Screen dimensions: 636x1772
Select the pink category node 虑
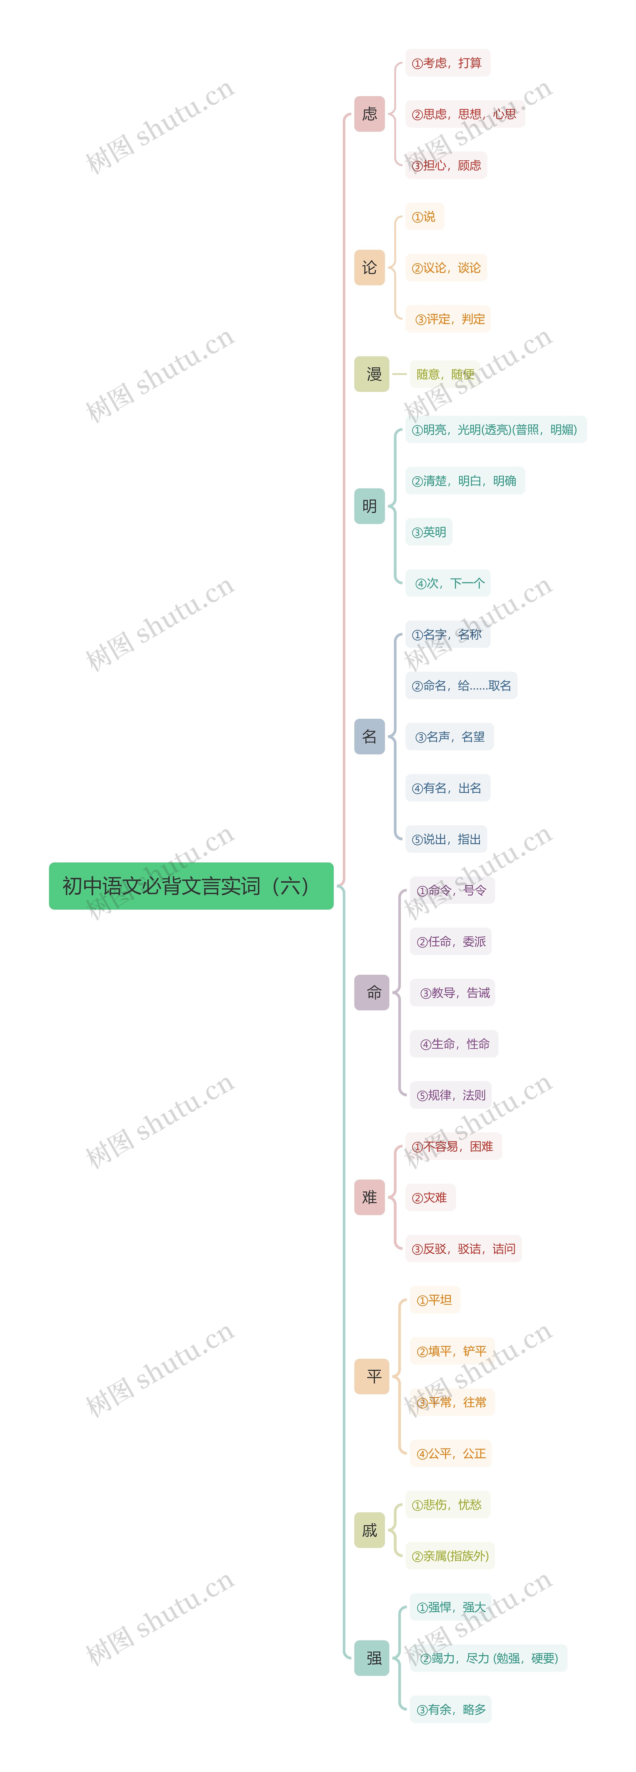point(369,114)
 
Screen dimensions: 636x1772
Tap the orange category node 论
point(369,268)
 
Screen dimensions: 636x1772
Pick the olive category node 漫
point(371,374)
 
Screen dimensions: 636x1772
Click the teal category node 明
point(369,506)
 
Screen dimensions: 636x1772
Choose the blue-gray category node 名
point(369,737)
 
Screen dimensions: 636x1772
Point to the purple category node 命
point(371,993)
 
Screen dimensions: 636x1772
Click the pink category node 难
point(369,1198)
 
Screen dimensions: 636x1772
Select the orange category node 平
point(371,1376)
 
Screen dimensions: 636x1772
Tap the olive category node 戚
point(369,1531)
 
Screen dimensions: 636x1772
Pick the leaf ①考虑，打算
point(447,63)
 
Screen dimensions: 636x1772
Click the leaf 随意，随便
point(445,374)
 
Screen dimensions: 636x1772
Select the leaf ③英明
point(428,532)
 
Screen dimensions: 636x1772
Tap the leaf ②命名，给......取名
point(461,686)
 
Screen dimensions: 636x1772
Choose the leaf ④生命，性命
point(454,1044)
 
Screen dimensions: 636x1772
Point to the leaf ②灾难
point(430,1198)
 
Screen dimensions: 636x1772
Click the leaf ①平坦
point(435,1300)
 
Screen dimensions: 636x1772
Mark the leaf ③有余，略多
point(450,1709)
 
